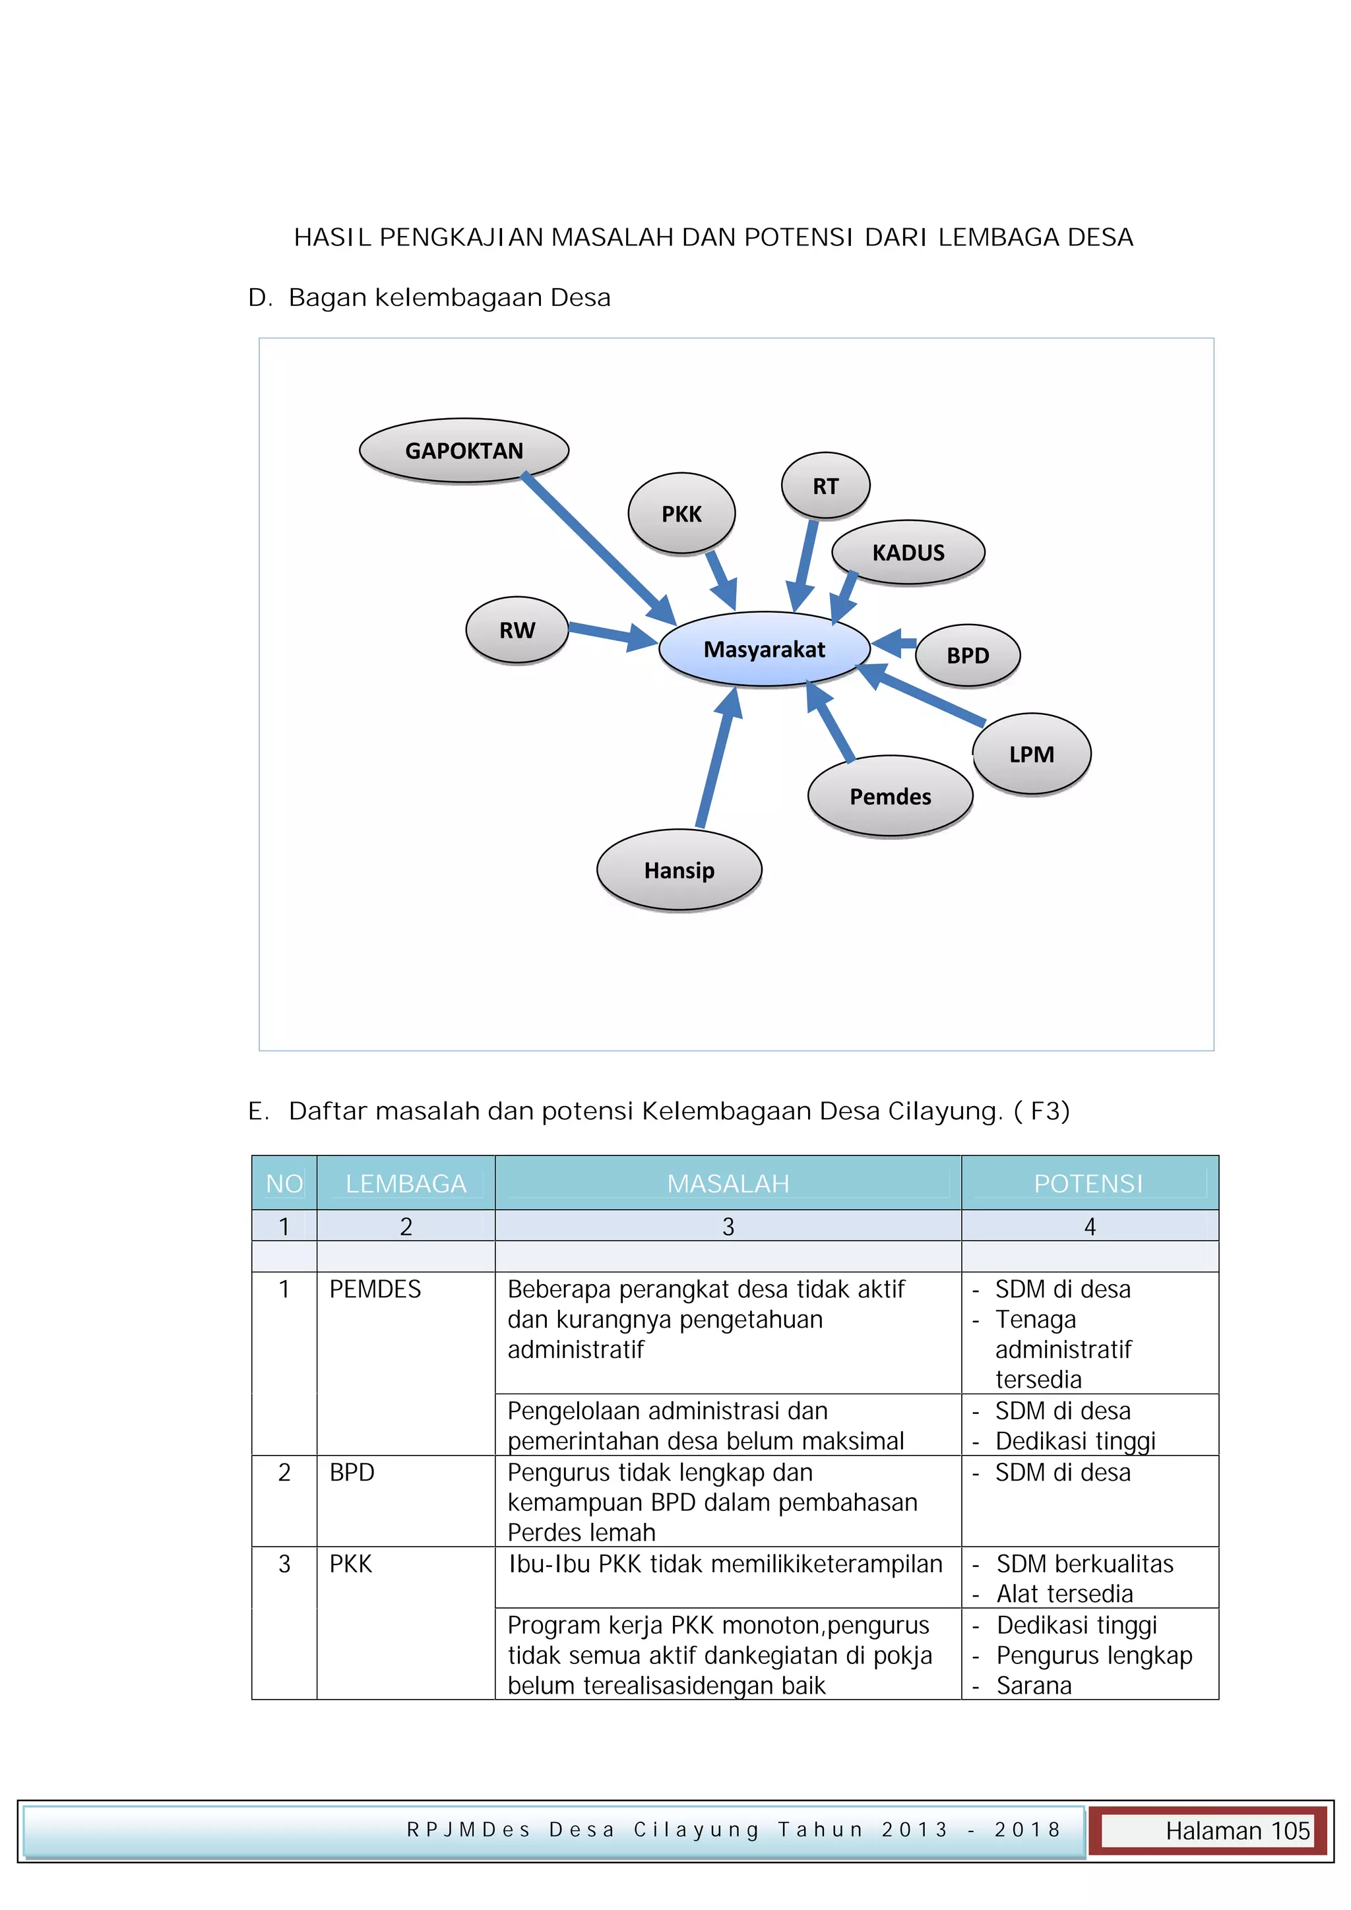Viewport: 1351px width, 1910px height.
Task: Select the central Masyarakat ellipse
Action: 764,649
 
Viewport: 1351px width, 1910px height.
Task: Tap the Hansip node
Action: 679,870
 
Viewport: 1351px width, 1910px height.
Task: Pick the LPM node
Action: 1032,754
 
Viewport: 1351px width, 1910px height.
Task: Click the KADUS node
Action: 908,553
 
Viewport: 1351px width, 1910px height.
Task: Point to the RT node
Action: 825,486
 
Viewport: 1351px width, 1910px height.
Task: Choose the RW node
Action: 517,630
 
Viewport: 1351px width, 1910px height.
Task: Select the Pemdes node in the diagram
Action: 890,796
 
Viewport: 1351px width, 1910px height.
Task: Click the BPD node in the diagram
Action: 968,656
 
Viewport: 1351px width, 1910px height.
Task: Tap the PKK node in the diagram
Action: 681,514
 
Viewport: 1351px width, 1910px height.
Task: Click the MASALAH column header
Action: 728,1183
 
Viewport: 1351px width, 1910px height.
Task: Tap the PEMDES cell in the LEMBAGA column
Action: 375,1289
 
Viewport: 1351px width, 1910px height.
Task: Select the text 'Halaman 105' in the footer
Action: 1237,1831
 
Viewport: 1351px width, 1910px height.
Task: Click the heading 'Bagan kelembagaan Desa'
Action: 449,297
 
